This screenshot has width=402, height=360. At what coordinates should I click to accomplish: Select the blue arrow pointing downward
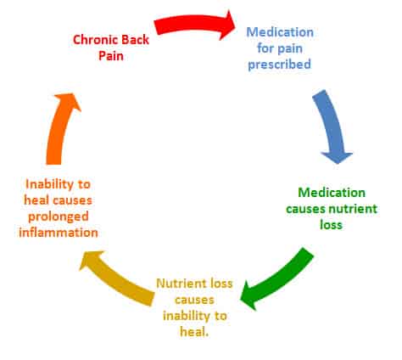(x=332, y=125)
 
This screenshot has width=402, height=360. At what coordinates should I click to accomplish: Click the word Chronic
(x=95, y=40)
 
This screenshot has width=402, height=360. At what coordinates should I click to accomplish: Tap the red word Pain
(x=111, y=56)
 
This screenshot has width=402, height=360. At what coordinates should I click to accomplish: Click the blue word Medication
(x=280, y=32)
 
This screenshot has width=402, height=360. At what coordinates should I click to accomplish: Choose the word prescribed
(x=279, y=65)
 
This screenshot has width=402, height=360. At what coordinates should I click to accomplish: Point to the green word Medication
(x=332, y=193)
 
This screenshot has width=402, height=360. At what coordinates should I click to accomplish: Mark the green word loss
(x=331, y=225)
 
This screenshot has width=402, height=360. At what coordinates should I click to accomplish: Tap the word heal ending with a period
(x=194, y=332)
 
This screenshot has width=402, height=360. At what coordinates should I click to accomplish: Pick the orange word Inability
(x=49, y=184)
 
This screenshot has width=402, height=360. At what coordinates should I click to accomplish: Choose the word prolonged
(x=59, y=217)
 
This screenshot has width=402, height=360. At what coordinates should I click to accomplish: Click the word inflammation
(x=59, y=233)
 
